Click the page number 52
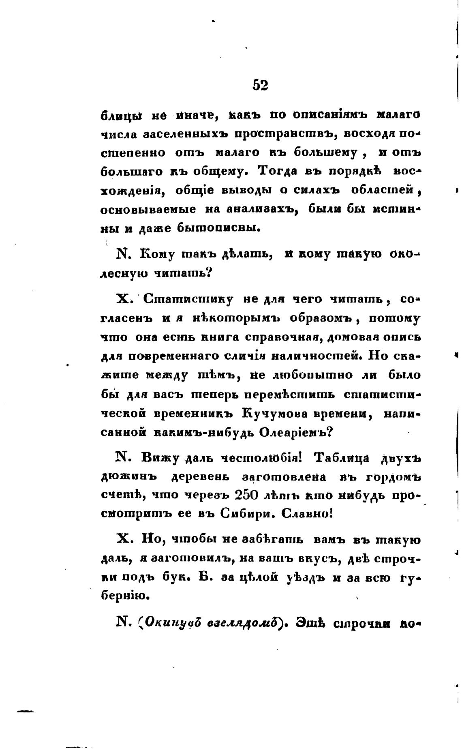click(260, 85)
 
